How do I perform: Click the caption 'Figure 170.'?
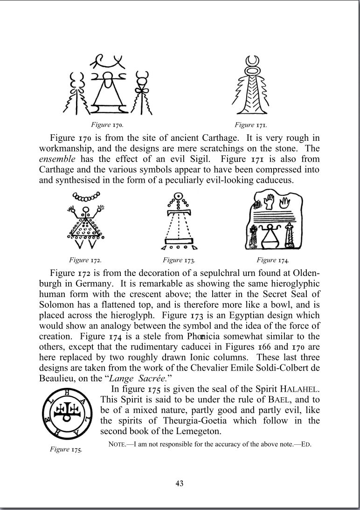(x=107, y=125)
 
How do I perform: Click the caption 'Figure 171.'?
(x=250, y=125)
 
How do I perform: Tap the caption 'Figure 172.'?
(x=85, y=260)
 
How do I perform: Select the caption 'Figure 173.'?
(x=179, y=260)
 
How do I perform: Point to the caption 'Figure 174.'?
(x=273, y=260)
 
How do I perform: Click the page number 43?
(x=180, y=483)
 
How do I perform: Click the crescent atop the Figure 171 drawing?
(x=252, y=61)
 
